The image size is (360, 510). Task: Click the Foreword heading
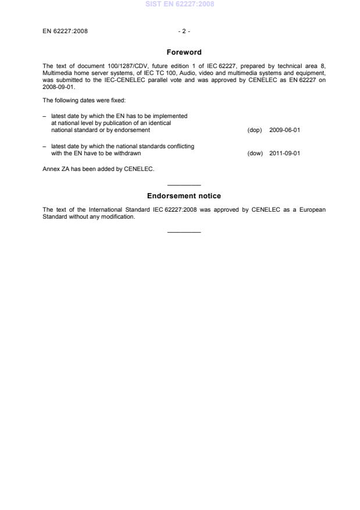click(x=184, y=52)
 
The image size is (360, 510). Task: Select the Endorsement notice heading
click(x=184, y=196)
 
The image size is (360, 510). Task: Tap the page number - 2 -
click(x=184, y=31)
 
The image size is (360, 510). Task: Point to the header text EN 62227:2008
click(x=65, y=31)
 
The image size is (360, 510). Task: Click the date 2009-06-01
click(x=285, y=130)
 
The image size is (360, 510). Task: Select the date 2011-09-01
click(x=285, y=154)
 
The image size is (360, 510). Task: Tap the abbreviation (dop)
click(x=255, y=130)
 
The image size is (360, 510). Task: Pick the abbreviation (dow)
click(x=255, y=154)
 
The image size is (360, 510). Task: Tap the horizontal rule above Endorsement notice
click(x=184, y=184)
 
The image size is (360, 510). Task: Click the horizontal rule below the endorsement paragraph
click(x=184, y=232)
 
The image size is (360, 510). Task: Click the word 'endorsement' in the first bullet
click(x=134, y=130)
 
